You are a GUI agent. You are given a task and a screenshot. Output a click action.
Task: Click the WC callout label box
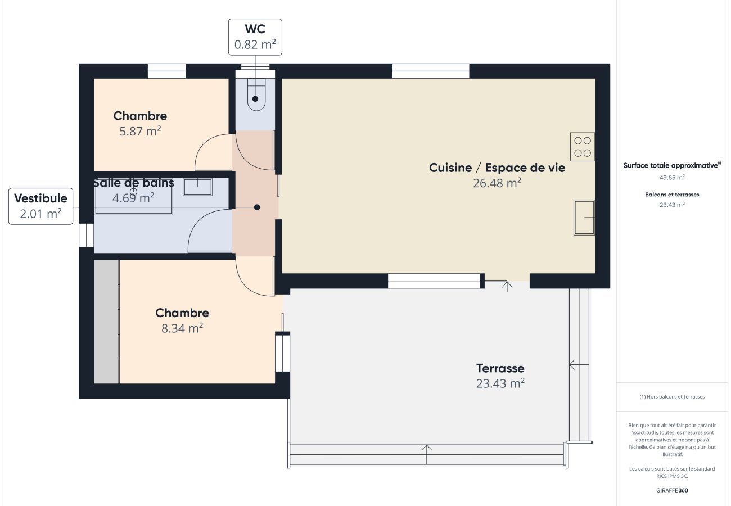(x=255, y=37)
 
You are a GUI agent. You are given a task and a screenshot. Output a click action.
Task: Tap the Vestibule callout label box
(x=41, y=206)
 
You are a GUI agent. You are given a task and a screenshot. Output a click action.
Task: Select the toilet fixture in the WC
(x=256, y=94)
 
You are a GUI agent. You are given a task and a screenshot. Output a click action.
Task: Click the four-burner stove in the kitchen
(x=583, y=147)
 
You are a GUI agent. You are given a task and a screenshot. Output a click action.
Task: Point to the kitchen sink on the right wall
(x=584, y=217)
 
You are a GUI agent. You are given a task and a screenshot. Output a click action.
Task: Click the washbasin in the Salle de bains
(x=197, y=187)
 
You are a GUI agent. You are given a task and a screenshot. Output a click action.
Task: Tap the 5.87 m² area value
(x=140, y=131)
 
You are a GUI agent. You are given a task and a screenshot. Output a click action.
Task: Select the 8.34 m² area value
(x=182, y=328)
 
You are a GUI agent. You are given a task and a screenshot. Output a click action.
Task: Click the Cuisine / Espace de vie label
(x=497, y=168)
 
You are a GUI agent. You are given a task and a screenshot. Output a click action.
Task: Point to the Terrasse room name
(x=500, y=368)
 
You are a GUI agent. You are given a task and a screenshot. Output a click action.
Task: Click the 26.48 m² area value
(x=497, y=183)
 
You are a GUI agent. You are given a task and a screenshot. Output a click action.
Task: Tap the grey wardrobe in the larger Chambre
(x=106, y=322)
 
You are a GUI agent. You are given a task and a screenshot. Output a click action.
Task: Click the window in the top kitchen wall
(x=431, y=71)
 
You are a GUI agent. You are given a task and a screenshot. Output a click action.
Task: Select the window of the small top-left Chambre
(x=167, y=71)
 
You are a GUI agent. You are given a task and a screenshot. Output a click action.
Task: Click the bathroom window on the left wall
(x=87, y=235)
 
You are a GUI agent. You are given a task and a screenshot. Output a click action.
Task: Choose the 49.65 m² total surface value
(x=673, y=178)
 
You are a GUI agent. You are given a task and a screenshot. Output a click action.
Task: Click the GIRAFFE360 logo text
(x=673, y=490)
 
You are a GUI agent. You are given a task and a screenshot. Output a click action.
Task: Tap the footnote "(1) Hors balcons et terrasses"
(x=673, y=397)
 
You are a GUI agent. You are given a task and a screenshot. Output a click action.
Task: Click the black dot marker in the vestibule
(x=257, y=207)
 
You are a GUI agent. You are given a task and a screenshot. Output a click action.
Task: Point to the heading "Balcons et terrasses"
(x=673, y=195)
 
